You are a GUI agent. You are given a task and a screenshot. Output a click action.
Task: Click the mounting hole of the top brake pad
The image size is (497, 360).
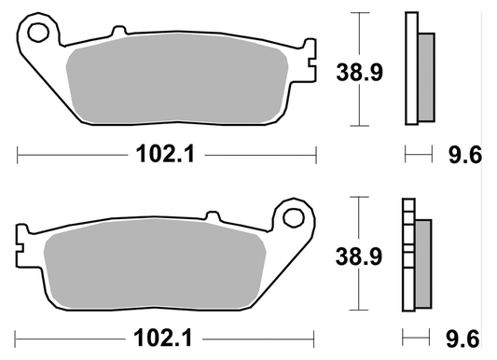coord(38,34)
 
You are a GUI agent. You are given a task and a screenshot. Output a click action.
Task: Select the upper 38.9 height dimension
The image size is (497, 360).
coord(359,69)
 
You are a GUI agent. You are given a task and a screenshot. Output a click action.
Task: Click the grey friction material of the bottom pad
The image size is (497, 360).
coord(154,267)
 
